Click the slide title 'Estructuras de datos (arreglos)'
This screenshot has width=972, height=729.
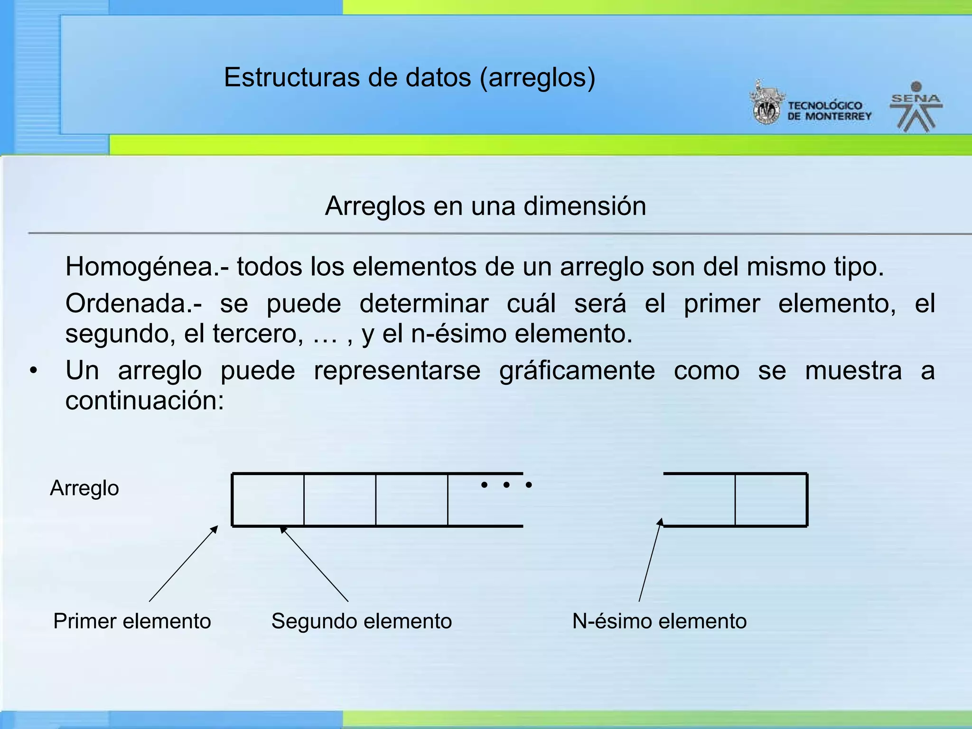tap(409, 77)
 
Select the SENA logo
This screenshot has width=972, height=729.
tap(916, 107)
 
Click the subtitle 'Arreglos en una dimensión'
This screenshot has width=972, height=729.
tap(485, 206)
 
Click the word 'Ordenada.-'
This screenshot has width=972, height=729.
tap(134, 304)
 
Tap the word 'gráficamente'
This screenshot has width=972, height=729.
tap(577, 371)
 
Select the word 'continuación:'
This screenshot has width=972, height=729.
tap(144, 401)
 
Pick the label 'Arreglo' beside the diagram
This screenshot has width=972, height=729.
tap(84, 488)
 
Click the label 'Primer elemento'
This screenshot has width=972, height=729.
tap(132, 621)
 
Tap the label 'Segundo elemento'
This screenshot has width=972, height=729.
tap(362, 621)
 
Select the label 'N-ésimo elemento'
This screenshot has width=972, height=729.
tap(659, 621)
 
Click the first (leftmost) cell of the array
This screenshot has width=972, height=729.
tap(268, 500)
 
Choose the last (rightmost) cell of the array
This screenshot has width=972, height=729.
tap(771, 500)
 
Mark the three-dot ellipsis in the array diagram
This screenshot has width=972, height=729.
tap(506, 485)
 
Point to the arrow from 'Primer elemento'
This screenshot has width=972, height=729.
tap(183, 564)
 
